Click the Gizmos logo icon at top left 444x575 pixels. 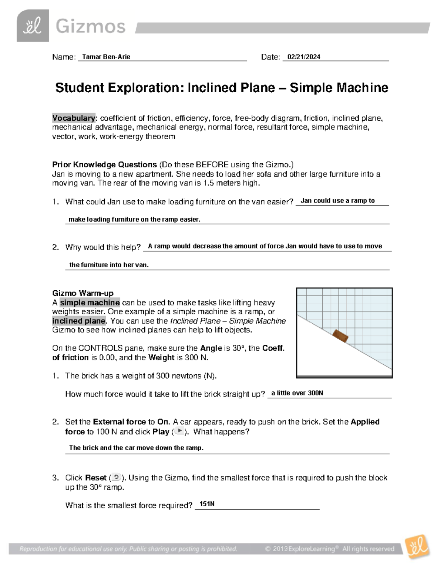[33, 26]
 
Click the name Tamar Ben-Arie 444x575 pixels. [106, 57]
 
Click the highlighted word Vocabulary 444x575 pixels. [74, 118]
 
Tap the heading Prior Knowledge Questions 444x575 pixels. [104, 164]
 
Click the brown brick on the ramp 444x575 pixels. [340, 336]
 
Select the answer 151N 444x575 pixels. [207, 504]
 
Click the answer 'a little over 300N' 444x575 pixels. [297, 393]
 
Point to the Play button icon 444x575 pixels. [179, 431]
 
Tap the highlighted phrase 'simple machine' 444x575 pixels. [90, 302]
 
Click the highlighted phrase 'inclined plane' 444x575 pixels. [79, 321]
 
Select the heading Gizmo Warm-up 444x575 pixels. [83, 293]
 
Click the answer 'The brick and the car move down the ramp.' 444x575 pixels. [136, 448]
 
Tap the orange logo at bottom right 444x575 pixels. [417, 546]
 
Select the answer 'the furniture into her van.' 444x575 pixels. [109, 265]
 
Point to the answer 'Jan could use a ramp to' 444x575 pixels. [337, 201]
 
